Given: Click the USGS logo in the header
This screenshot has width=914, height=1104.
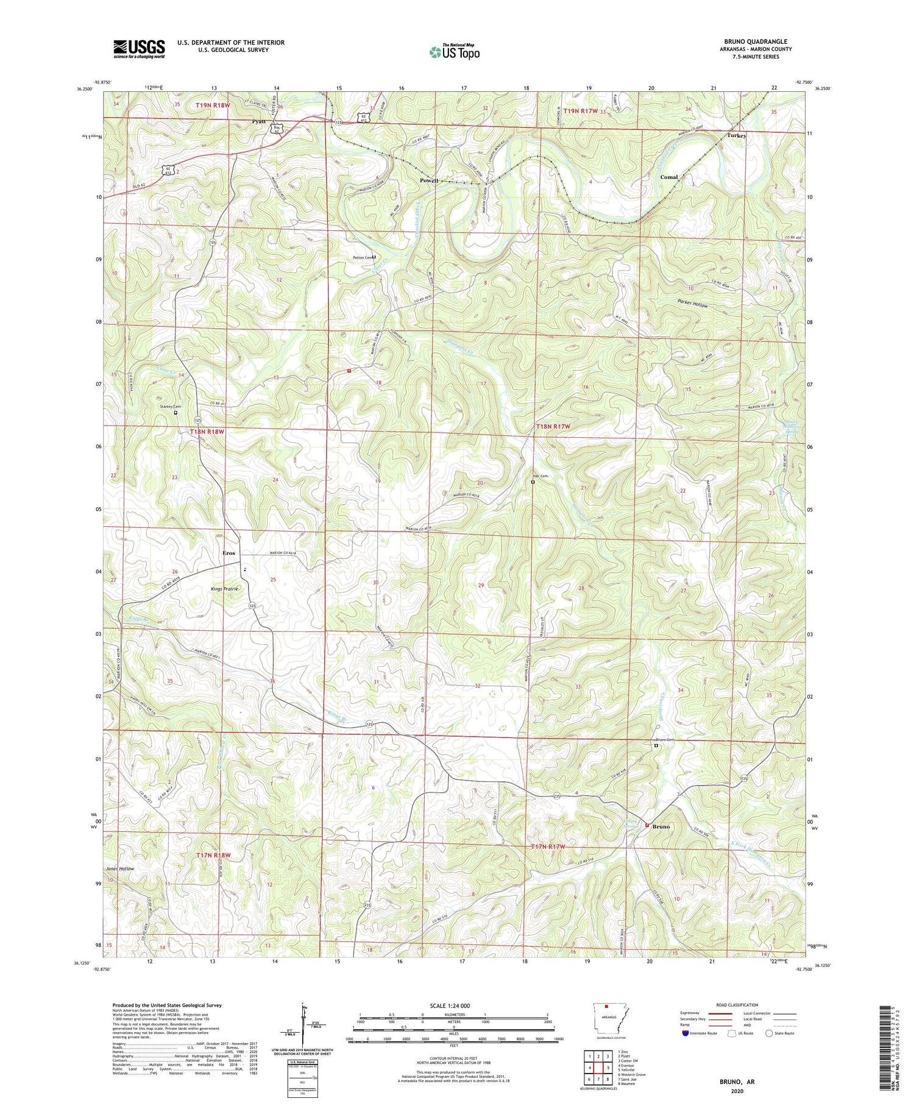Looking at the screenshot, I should [x=139, y=48].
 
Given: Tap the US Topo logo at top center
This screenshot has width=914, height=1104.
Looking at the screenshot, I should [x=453, y=52].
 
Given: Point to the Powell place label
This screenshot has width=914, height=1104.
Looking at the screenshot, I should [x=428, y=181].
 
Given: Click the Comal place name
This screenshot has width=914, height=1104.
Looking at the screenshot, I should [x=668, y=177].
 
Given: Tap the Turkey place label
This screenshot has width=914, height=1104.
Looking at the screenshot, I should [x=736, y=136].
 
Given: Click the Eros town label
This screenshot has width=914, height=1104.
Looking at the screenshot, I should [x=228, y=553].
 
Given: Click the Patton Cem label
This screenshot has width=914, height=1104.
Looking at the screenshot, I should [x=362, y=258].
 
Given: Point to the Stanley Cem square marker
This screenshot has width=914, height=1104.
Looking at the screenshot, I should [x=175, y=412].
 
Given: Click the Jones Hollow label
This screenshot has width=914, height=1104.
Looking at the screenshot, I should [x=119, y=868].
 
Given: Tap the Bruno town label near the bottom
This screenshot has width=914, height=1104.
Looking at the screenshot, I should [x=661, y=827].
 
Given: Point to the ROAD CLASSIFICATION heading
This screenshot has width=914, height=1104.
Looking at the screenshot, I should [x=737, y=1005].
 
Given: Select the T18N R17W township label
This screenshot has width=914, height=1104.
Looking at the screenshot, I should [x=552, y=427].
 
